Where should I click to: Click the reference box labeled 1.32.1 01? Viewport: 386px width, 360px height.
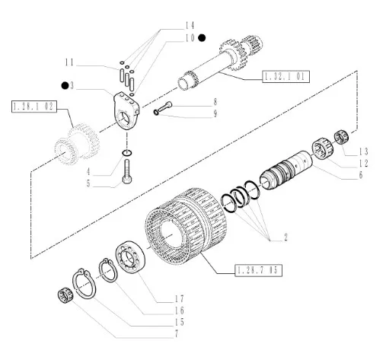(x=286, y=76)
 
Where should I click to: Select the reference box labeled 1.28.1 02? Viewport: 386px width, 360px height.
(x=34, y=107)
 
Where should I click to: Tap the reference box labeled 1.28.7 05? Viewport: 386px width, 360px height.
(x=258, y=270)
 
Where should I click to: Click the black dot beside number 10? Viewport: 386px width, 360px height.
(x=202, y=38)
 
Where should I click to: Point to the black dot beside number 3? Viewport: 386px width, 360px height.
(x=65, y=85)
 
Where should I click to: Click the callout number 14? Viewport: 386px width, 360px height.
(x=190, y=26)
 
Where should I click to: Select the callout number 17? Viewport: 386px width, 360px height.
(x=179, y=298)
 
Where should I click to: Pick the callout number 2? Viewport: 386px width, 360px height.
(x=286, y=237)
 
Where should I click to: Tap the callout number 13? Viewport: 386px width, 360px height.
(x=363, y=151)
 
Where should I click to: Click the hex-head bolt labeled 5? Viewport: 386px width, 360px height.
(x=127, y=171)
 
